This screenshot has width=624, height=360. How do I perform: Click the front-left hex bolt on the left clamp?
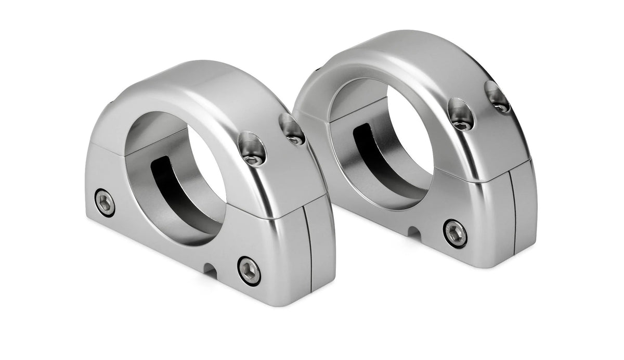pyautogui.click(x=105, y=202)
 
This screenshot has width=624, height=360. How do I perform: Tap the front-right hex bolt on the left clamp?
pyautogui.click(x=249, y=269)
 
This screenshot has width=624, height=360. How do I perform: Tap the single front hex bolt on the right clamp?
pyautogui.click(x=455, y=233)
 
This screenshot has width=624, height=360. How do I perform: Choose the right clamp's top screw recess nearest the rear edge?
pyautogui.click(x=498, y=96)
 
